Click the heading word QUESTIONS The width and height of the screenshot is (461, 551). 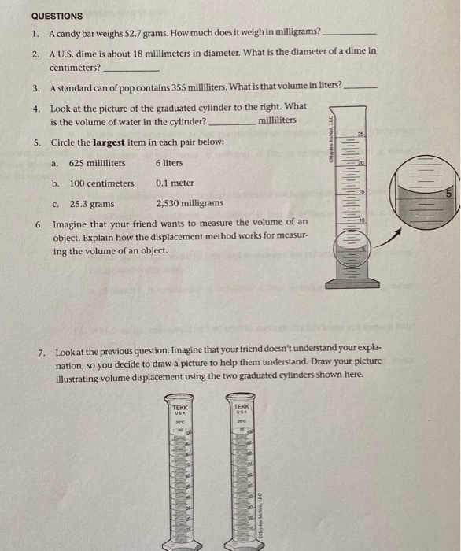pos(57,15)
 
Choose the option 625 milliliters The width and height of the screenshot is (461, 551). pos(97,163)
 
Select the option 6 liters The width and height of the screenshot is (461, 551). pos(169,163)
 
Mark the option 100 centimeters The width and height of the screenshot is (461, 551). pos(101,183)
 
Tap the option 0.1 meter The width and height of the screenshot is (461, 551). pos(175,183)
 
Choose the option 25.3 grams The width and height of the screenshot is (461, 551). pos(91,204)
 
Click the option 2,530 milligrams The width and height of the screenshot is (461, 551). pos(190,204)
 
